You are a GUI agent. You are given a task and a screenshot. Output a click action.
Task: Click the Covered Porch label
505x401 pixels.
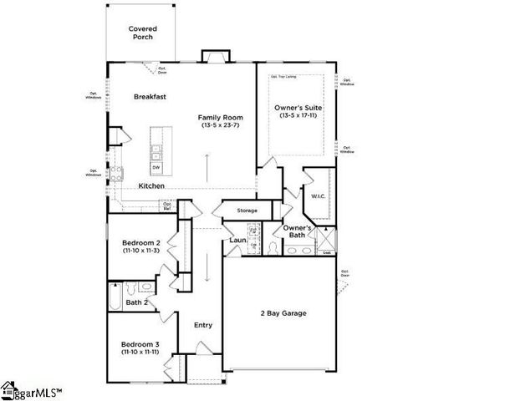[x=143, y=33]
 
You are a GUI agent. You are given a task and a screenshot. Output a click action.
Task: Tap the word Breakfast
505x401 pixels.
[x=150, y=97]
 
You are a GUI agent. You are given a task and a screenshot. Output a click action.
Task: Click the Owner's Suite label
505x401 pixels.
[x=298, y=108]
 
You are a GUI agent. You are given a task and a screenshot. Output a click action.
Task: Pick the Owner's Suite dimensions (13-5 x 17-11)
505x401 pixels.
[x=298, y=115]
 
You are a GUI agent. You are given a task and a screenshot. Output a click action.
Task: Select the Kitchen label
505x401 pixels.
[x=151, y=185]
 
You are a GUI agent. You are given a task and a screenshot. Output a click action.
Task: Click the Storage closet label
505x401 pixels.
[x=247, y=211]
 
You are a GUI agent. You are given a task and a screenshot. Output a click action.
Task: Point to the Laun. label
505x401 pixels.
[x=237, y=241]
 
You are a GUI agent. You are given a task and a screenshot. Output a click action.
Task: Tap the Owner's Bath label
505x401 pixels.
[x=298, y=232]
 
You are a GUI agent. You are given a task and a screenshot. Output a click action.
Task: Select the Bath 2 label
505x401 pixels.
[x=137, y=302]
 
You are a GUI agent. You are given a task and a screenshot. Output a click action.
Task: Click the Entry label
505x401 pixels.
[x=203, y=325]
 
